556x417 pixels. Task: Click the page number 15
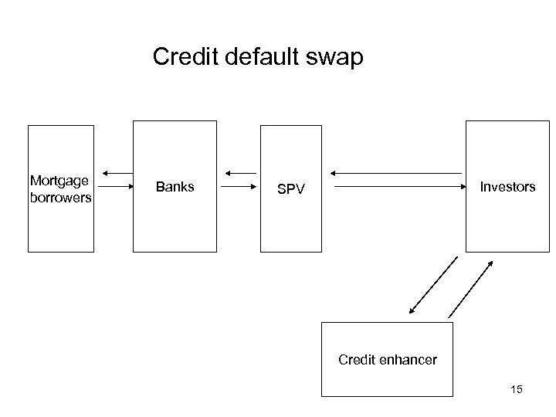[516, 390]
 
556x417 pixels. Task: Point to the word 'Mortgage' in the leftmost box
[59, 181]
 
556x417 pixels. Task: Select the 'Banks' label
[175, 186]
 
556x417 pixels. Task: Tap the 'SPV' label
[290, 189]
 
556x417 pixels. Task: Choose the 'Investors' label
[507, 186]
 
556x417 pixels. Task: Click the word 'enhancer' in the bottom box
[409, 359]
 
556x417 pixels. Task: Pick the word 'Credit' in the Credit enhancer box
[358, 359]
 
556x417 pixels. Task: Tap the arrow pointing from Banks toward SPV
[239, 186]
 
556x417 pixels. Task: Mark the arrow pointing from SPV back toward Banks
[239, 171]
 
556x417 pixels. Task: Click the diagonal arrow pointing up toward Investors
[470, 289]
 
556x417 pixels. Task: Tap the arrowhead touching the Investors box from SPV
[461, 186]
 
